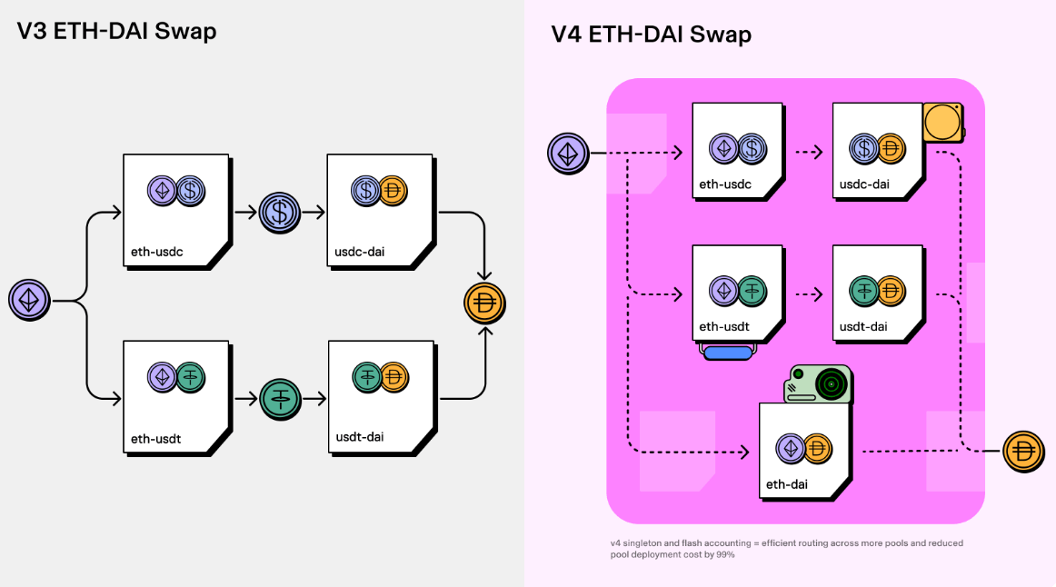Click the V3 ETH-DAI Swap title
click(116, 31)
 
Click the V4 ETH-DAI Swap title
click(651, 35)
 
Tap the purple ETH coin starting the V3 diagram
click(29, 299)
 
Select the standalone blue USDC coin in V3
click(280, 213)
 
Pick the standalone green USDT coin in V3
click(280, 398)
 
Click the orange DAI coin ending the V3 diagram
click(484, 303)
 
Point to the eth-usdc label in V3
click(156, 252)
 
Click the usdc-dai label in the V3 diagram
click(359, 252)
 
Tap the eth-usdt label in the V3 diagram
click(155, 439)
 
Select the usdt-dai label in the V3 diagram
click(358, 437)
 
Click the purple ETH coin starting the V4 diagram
click(569, 153)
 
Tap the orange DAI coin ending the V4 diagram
click(1024, 452)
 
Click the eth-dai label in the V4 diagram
click(786, 484)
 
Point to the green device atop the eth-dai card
click(818, 384)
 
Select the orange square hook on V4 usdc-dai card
click(942, 122)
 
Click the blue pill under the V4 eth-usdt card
click(728, 353)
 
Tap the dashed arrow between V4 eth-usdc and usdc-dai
click(808, 152)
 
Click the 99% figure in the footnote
click(725, 554)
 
